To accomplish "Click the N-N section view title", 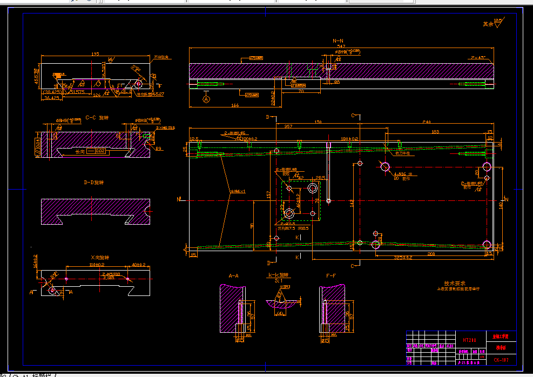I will pos(338,41).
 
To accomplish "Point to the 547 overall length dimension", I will pos(341,47).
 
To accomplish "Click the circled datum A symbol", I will pos(206,99).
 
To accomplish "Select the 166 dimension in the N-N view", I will pos(235,105).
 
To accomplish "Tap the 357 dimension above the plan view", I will pos(288,126).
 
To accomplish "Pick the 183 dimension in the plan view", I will pos(435,131).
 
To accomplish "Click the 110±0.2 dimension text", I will pos(97,265).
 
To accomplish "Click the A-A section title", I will pos(233,275).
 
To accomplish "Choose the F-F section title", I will pos(331,275).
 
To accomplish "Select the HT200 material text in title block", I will pos(469,340).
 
